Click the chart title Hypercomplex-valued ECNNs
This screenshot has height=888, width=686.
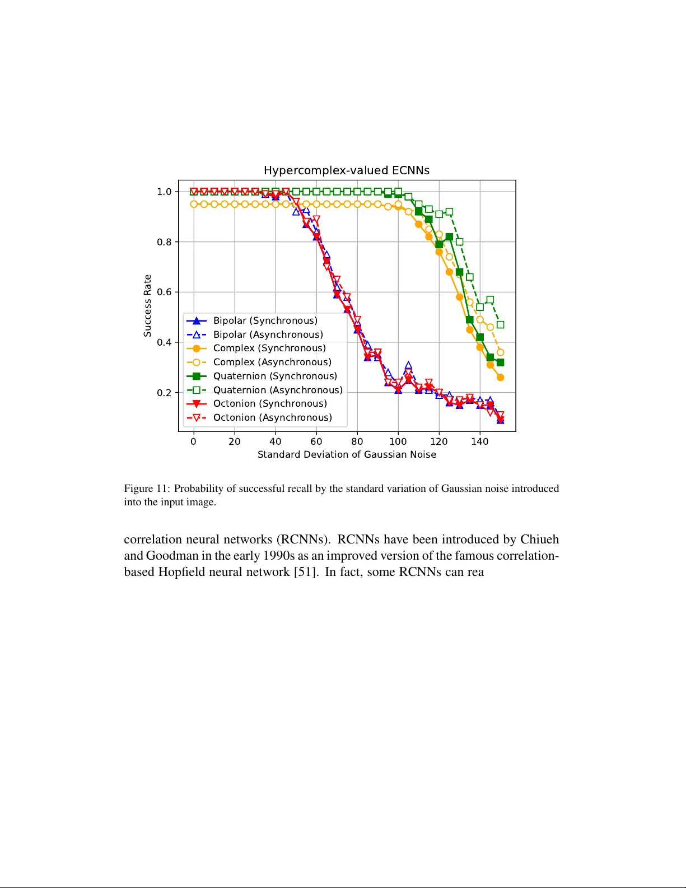(x=347, y=170)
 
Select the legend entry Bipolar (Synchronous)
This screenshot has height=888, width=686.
(x=265, y=320)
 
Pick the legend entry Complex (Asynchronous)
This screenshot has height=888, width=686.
(x=272, y=362)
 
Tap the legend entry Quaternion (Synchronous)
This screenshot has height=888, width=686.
(x=275, y=376)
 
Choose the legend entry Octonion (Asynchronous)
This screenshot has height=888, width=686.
(x=272, y=417)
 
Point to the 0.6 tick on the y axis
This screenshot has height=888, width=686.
(x=164, y=292)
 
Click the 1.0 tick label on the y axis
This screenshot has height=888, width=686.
(x=164, y=192)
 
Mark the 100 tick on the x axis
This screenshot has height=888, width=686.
(x=398, y=441)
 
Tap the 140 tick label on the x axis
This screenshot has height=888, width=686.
(x=480, y=441)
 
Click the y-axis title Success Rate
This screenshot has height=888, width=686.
(x=148, y=305)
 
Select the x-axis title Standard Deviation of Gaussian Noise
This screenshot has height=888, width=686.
(x=347, y=454)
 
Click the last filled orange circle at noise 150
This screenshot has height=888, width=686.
(x=500, y=378)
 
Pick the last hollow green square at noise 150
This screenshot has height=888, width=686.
(x=500, y=324)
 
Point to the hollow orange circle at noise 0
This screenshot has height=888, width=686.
(x=194, y=204)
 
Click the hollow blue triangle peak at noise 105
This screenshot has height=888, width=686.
(x=408, y=366)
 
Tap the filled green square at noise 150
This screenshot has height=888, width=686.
(x=500, y=362)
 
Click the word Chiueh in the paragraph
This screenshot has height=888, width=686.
(x=539, y=540)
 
